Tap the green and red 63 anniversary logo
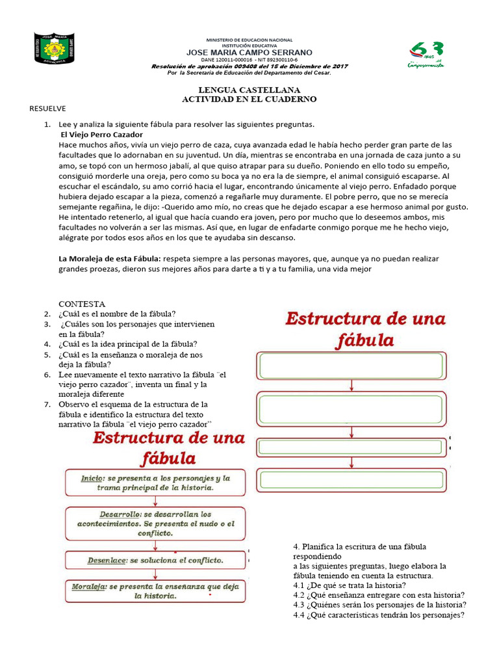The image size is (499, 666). [427, 54]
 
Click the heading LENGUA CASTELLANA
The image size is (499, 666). [249, 90]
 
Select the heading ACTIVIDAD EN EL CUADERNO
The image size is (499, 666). [249, 99]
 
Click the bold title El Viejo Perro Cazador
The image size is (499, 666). [96, 134]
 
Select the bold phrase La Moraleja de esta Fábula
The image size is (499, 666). [109, 259]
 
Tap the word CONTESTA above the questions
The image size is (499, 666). [82, 304]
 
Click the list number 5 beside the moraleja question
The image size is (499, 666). [47, 354]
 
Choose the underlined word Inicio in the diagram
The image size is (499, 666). [92, 478]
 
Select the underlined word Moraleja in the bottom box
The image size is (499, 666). [89, 586]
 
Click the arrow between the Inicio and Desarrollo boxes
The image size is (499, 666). [155, 501]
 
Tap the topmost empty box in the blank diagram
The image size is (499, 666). [352, 366]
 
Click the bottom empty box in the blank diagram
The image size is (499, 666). [352, 480]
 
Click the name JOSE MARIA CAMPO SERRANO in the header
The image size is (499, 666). [249, 52]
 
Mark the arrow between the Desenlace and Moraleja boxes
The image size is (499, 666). [155, 573]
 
